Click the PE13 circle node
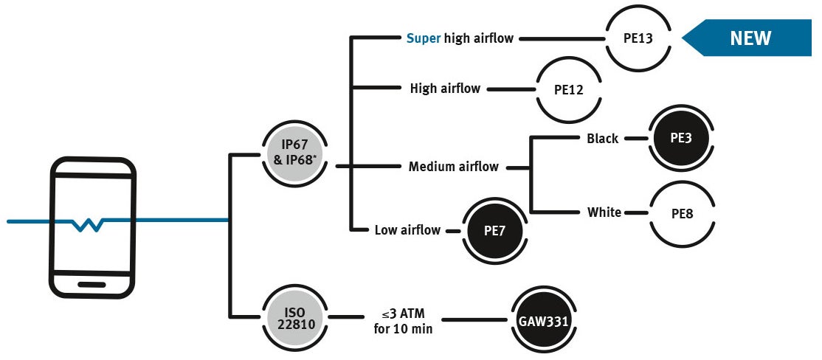coord(638,38)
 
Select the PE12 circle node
coord(569,89)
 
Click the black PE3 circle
coord(680,138)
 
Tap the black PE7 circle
coord(494,229)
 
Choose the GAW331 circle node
coord(542,320)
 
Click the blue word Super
coord(424,38)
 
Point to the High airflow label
coord(445,89)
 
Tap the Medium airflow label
coord(453,167)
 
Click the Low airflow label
coord(407,230)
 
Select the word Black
coord(602,138)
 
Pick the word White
coord(604,212)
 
